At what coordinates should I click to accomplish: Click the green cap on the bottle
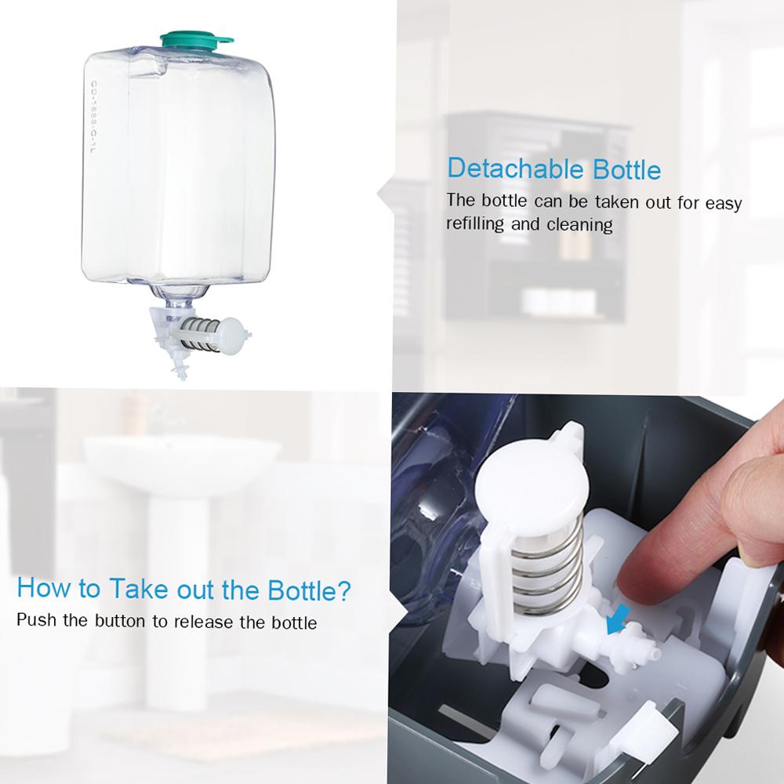pyautogui.click(x=197, y=38)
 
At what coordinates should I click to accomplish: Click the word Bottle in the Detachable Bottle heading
pyautogui.click(x=623, y=169)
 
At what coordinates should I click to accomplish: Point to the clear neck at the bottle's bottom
pyautogui.click(x=183, y=298)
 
